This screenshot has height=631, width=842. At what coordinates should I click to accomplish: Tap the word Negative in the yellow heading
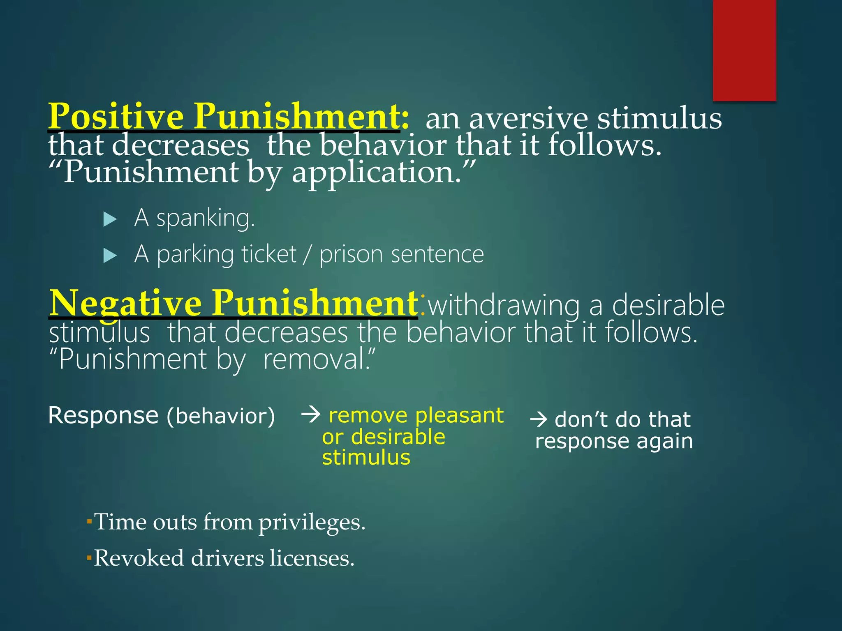[125, 303]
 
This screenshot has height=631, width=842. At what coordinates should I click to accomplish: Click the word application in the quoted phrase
[376, 172]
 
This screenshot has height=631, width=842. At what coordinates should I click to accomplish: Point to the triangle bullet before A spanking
[110, 219]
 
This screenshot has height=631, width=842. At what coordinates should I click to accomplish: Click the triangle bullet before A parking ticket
[110, 256]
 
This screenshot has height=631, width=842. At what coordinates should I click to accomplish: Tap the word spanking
[206, 218]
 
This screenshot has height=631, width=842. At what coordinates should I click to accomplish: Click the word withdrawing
[503, 306]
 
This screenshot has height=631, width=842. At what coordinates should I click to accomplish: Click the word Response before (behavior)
[103, 415]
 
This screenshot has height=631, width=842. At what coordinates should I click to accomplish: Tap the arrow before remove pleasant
[311, 415]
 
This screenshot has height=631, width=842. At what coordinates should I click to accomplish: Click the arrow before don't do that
[539, 419]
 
